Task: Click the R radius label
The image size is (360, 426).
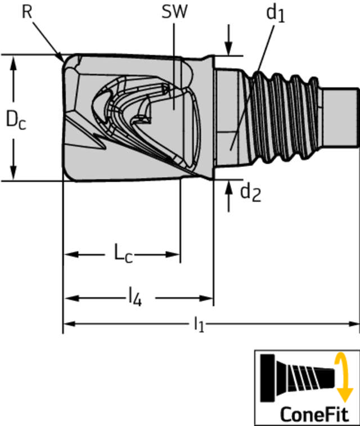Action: click(x=27, y=12)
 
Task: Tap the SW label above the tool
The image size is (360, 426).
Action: click(x=174, y=12)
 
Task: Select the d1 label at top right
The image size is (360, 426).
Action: click(x=275, y=14)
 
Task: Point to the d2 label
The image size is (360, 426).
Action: click(x=250, y=193)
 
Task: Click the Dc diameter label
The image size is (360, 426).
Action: click(x=16, y=120)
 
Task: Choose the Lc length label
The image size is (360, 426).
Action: click(x=123, y=254)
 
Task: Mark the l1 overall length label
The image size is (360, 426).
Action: click(x=199, y=324)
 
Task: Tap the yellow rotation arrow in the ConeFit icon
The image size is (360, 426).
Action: click(x=344, y=377)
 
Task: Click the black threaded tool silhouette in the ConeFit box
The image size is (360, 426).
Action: click(x=298, y=378)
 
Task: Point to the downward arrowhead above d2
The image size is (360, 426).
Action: click(x=228, y=49)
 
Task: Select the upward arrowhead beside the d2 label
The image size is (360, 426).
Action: click(x=229, y=187)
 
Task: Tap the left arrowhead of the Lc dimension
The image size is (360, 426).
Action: click(x=71, y=254)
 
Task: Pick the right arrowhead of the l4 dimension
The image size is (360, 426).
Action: click(x=206, y=298)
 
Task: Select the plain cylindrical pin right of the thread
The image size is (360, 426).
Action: click(x=341, y=118)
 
